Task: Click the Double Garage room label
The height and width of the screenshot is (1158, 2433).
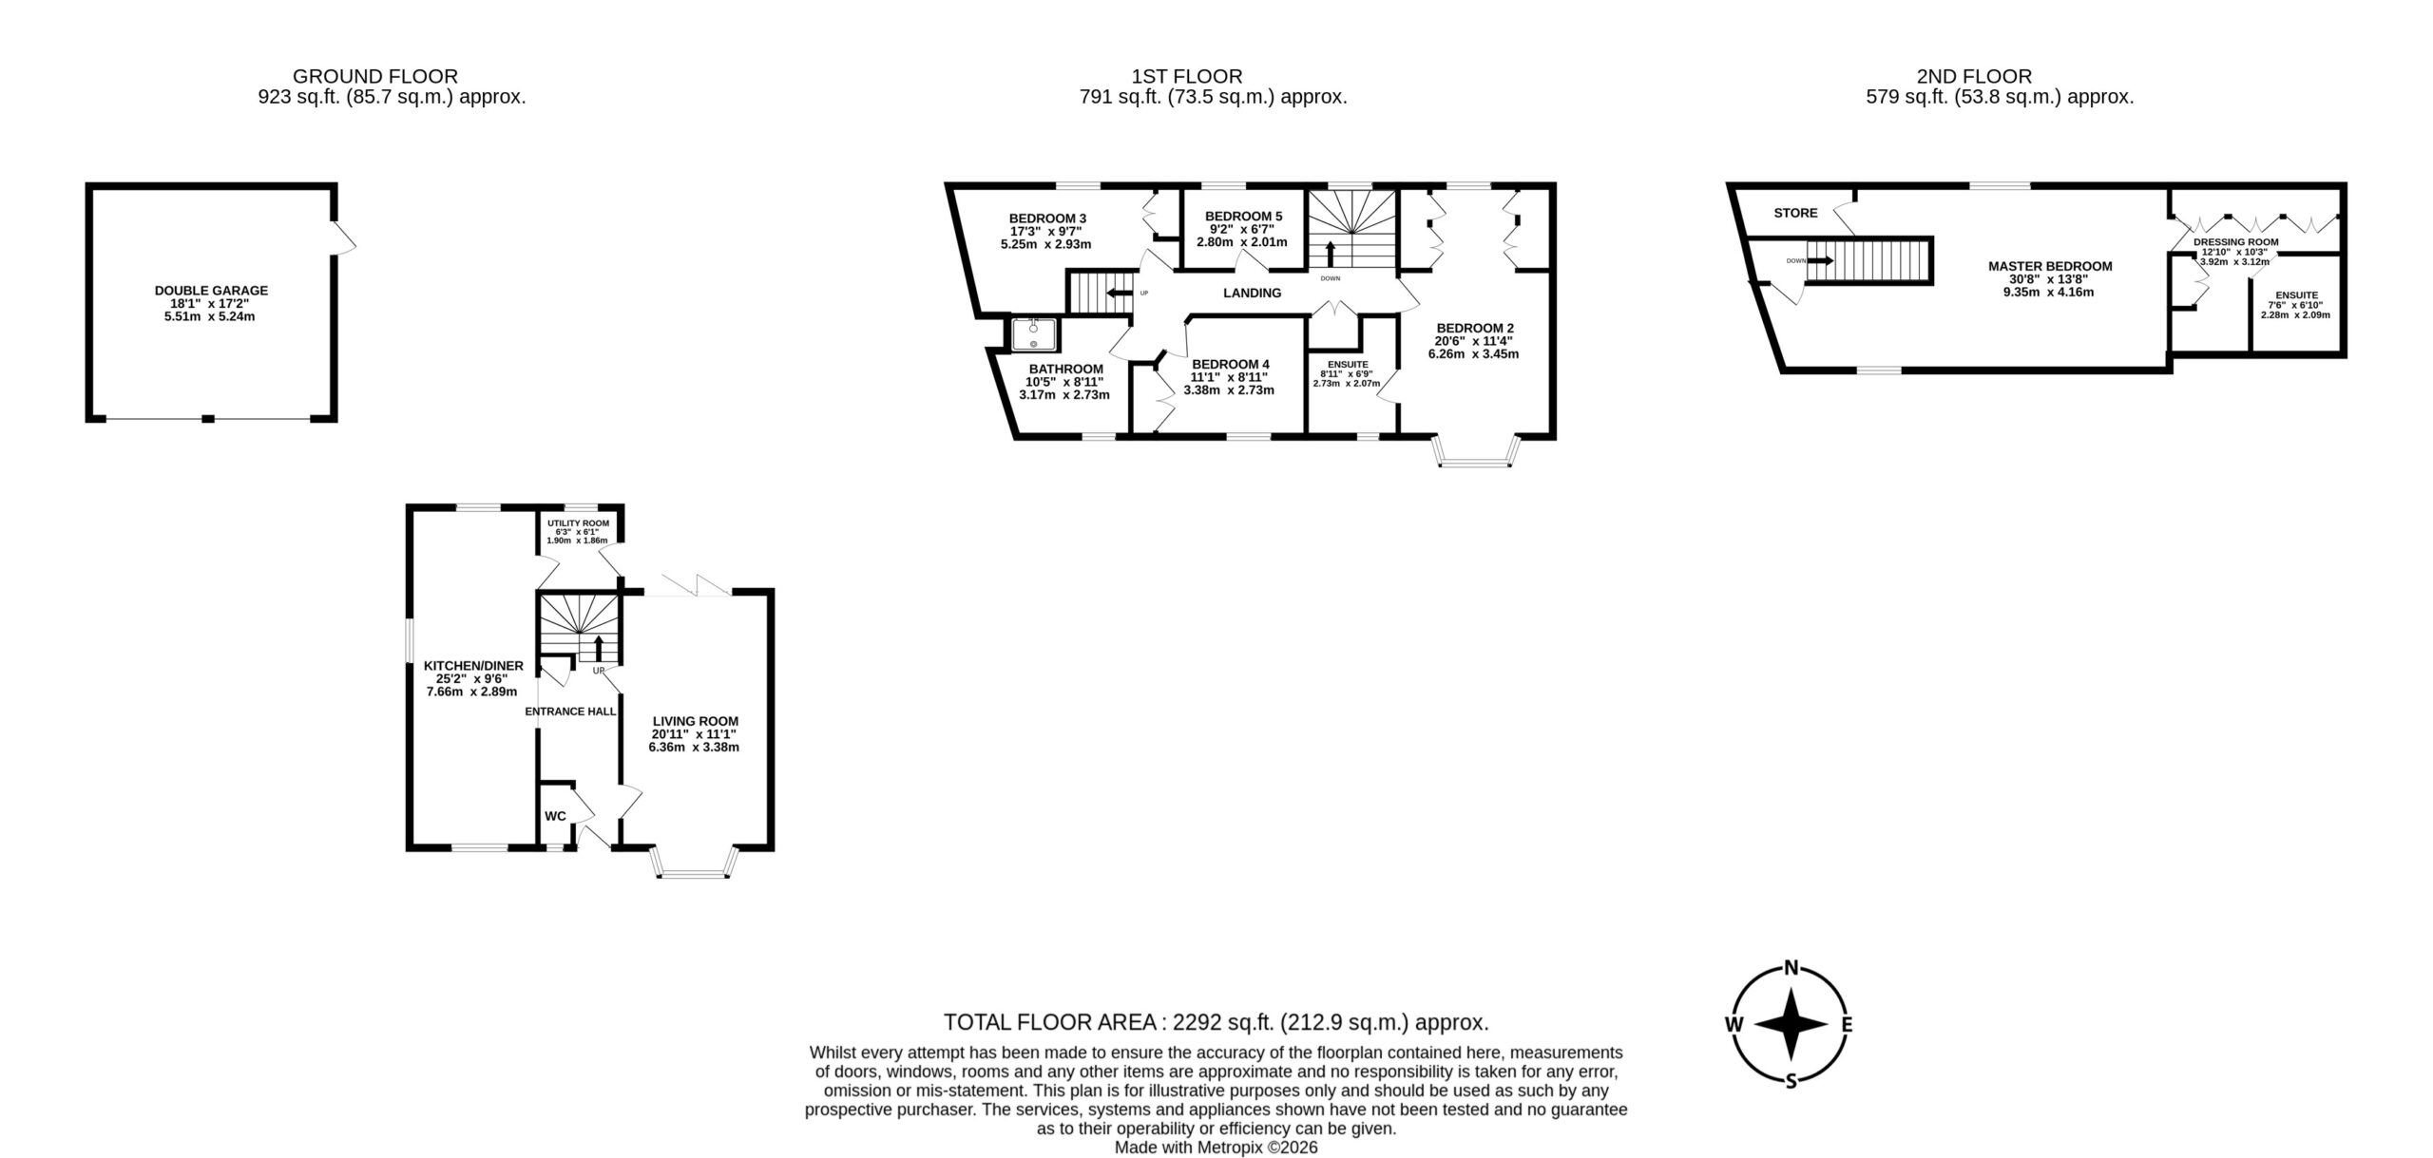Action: pyautogui.click(x=211, y=291)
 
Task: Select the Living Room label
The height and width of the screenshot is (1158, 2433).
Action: pyautogui.click(x=695, y=721)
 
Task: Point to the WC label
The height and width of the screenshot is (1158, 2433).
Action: pyautogui.click(x=555, y=816)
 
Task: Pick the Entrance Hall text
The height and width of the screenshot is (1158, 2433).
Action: pyautogui.click(x=570, y=711)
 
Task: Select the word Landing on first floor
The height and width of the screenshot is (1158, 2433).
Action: pyautogui.click(x=1252, y=293)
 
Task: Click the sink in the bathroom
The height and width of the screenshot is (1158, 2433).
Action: pyautogui.click(x=1033, y=334)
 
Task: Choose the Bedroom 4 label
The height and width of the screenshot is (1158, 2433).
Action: pyautogui.click(x=1230, y=364)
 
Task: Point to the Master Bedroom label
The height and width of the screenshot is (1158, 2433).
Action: pyautogui.click(x=2050, y=266)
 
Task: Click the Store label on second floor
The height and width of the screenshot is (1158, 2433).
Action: pyautogui.click(x=1795, y=213)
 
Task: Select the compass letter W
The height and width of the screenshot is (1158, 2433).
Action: pyautogui.click(x=1734, y=1051)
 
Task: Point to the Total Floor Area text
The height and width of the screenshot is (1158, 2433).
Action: pyautogui.click(x=1216, y=1022)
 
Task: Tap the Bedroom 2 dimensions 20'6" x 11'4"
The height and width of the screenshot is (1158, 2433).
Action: pyautogui.click(x=1473, y=341)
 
